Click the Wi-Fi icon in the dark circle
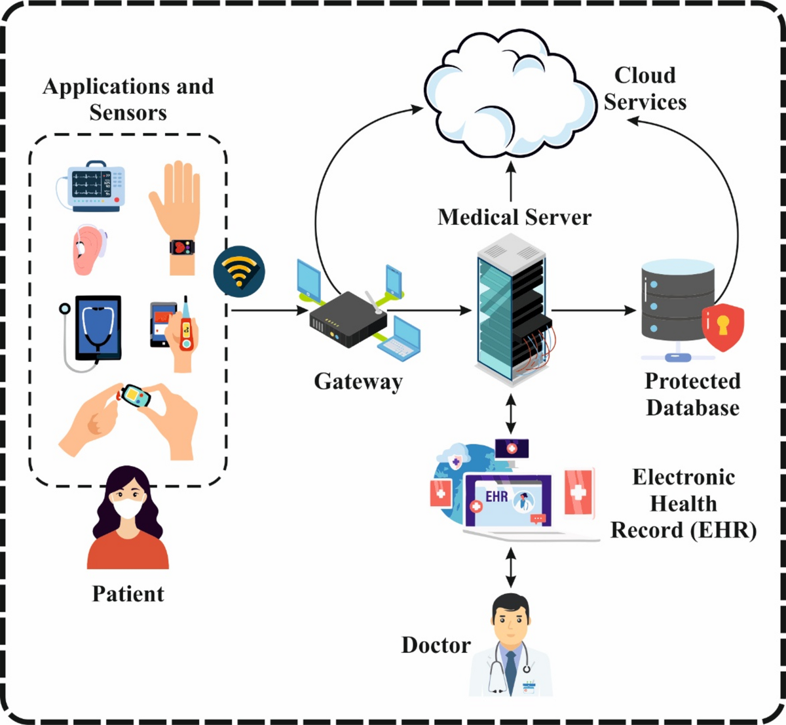click(239, 271)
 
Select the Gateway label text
click(358, 382)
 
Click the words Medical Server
click(514, 217)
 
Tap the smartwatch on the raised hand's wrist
click(181, 248)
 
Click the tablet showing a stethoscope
click(98, 328)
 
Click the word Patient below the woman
click(128, 594)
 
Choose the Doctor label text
click(436, 645)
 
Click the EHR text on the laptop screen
click(496, 496)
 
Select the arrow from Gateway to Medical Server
click(428, 309)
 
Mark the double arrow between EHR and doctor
click(511, 568)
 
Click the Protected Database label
click(692, 395)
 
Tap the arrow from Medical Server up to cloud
click(511, 181)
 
